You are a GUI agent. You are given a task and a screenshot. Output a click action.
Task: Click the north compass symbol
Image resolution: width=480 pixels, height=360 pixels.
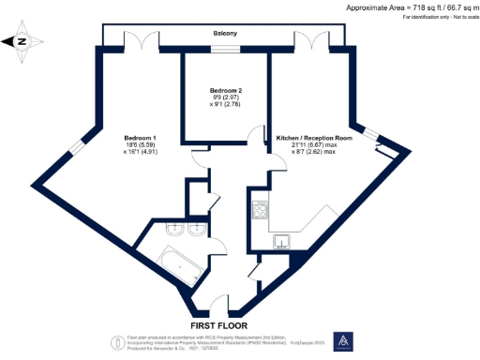[26, 41]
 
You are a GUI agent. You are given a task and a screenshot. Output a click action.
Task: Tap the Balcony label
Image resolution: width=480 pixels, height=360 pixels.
[224, 34]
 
